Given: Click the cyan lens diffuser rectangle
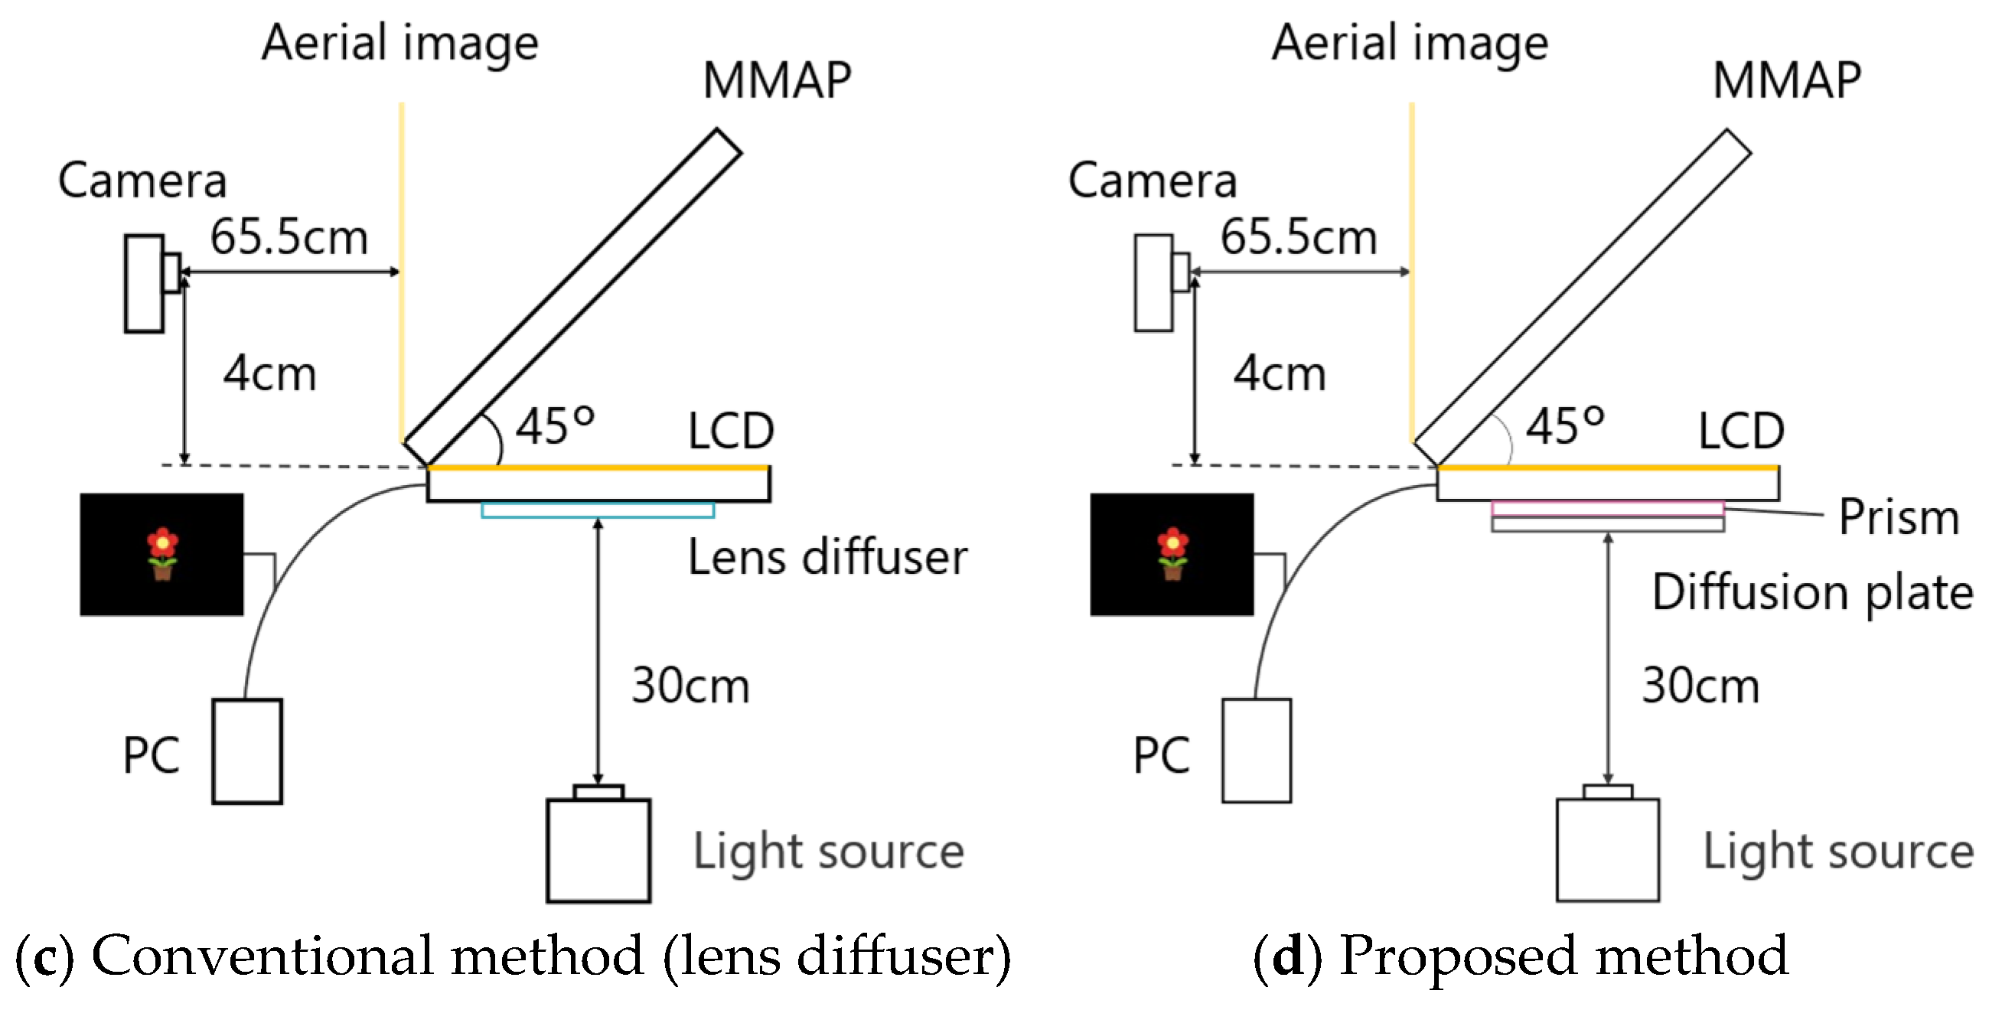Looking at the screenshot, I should (x=597, y=510).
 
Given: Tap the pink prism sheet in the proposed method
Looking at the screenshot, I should (x=1608, y=508).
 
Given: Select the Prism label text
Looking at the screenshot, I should (x=1899, y=516).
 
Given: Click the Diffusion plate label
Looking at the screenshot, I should (x=1812, y=592).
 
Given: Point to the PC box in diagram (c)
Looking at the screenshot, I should (x=247, y=751).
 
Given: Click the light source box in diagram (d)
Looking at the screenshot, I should (x=1608, y=849).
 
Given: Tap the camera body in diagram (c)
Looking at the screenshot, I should (x=145, y=283).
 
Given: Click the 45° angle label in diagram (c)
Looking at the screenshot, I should (x=554, y=426).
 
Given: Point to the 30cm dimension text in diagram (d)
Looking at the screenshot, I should (x=1700, y=685).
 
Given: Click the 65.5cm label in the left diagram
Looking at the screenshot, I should (x=289, y=236).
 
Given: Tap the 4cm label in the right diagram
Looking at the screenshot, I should (x=1280, y=373).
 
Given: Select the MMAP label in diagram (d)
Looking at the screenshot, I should (x=1787, y=80).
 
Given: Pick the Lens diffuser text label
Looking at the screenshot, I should (x=827, y=557).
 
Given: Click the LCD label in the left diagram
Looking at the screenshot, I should (x=730, y=430).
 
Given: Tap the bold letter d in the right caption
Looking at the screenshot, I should (x=1289, y=956).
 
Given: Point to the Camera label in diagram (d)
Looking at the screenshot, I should (x=1152, y=180).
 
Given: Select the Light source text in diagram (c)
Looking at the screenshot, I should (x=829, y=852).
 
